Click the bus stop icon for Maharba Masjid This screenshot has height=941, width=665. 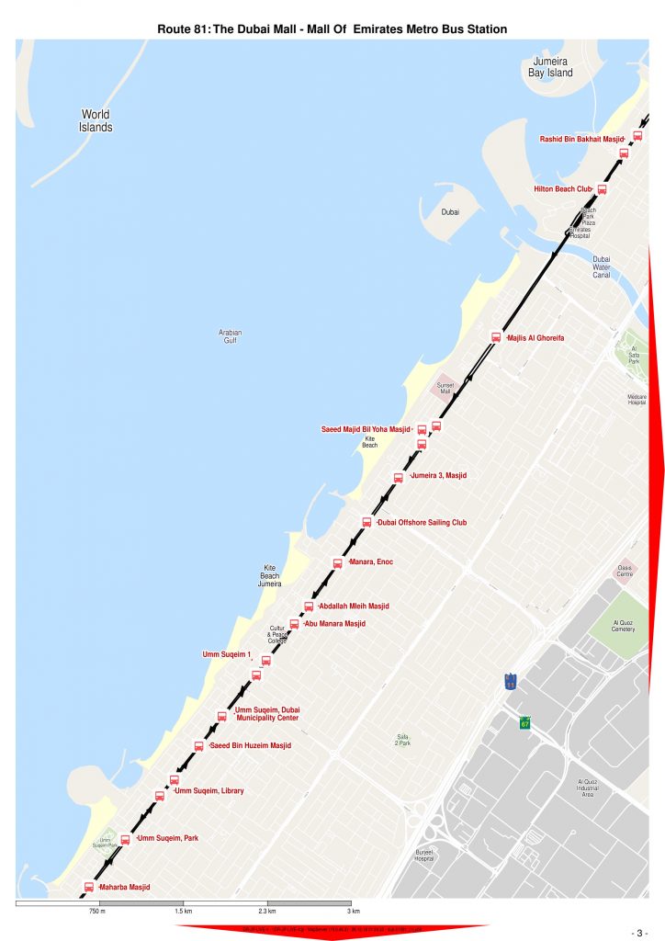(89, 887)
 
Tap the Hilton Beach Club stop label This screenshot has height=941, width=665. (563, 189)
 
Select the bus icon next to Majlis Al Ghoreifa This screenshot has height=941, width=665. (496, 337)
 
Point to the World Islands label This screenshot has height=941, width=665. (96, 121)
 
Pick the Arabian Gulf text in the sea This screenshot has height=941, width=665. (230, 336)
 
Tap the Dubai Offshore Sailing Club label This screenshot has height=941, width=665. (422, 522)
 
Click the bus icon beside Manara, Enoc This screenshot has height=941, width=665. (337, 563)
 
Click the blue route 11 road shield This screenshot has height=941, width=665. (510, 682)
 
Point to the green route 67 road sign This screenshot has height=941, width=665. (525, 722)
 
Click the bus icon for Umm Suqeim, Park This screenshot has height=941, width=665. (125, 839)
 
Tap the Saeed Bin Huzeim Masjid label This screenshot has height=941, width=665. (250, 745)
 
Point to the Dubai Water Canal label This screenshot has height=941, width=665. (602, 266)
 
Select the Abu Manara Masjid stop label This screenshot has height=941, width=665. (334, 624)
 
